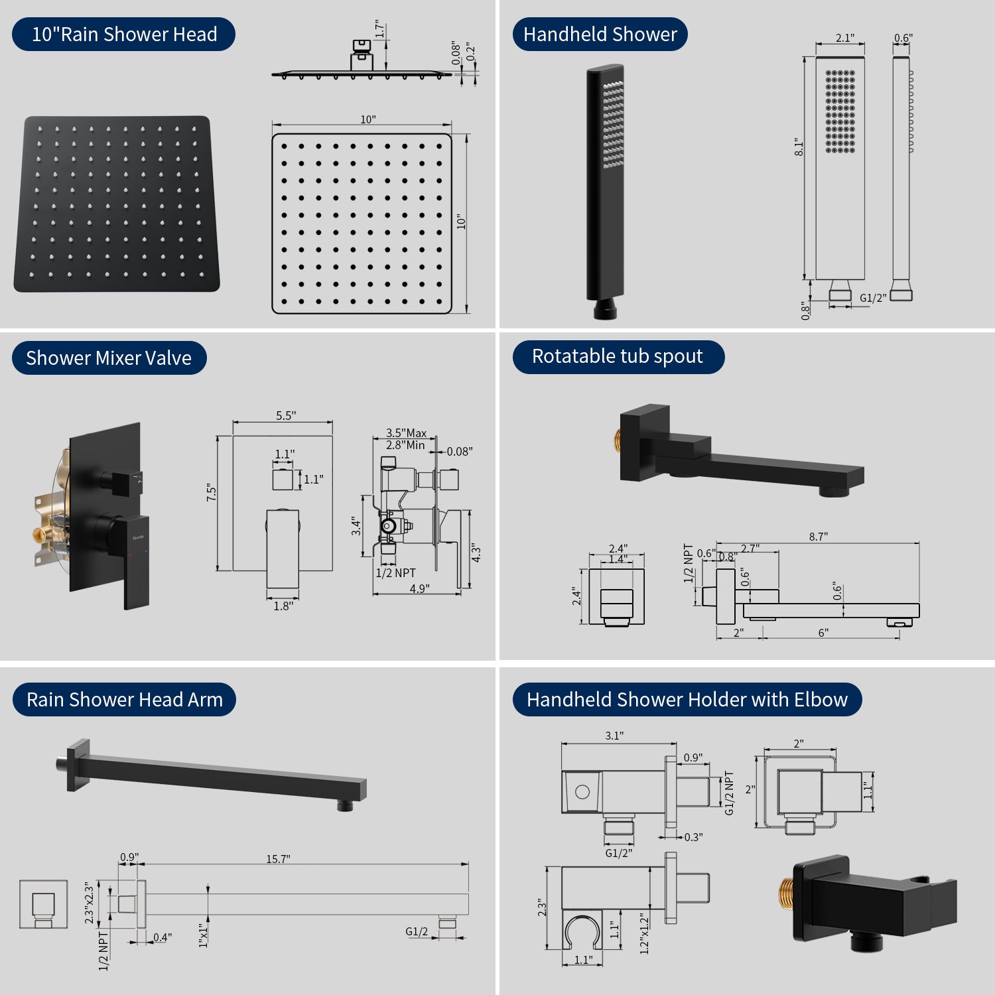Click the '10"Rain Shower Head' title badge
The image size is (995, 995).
123,34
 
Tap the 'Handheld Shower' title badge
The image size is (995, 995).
600,34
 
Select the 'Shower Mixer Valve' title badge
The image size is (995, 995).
109,358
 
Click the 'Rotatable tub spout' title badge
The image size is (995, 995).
618,356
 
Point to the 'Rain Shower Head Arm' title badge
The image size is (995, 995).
124,699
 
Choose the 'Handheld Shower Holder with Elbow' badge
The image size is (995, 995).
687,699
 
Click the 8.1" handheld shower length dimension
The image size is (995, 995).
799,147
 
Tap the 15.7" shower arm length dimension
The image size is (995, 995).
278,859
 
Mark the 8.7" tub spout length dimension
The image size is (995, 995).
819,536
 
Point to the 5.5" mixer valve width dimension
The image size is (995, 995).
286,415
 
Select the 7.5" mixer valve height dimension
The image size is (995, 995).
212,492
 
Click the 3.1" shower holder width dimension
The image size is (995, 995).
614,736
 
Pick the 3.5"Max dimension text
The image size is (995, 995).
407,433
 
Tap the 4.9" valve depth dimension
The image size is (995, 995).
419,588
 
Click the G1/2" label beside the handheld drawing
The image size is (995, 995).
873,298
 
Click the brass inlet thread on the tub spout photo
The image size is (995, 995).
617,439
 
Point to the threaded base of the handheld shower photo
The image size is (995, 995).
605,310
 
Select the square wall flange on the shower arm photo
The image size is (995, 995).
78,765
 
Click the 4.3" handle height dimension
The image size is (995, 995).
476,553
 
